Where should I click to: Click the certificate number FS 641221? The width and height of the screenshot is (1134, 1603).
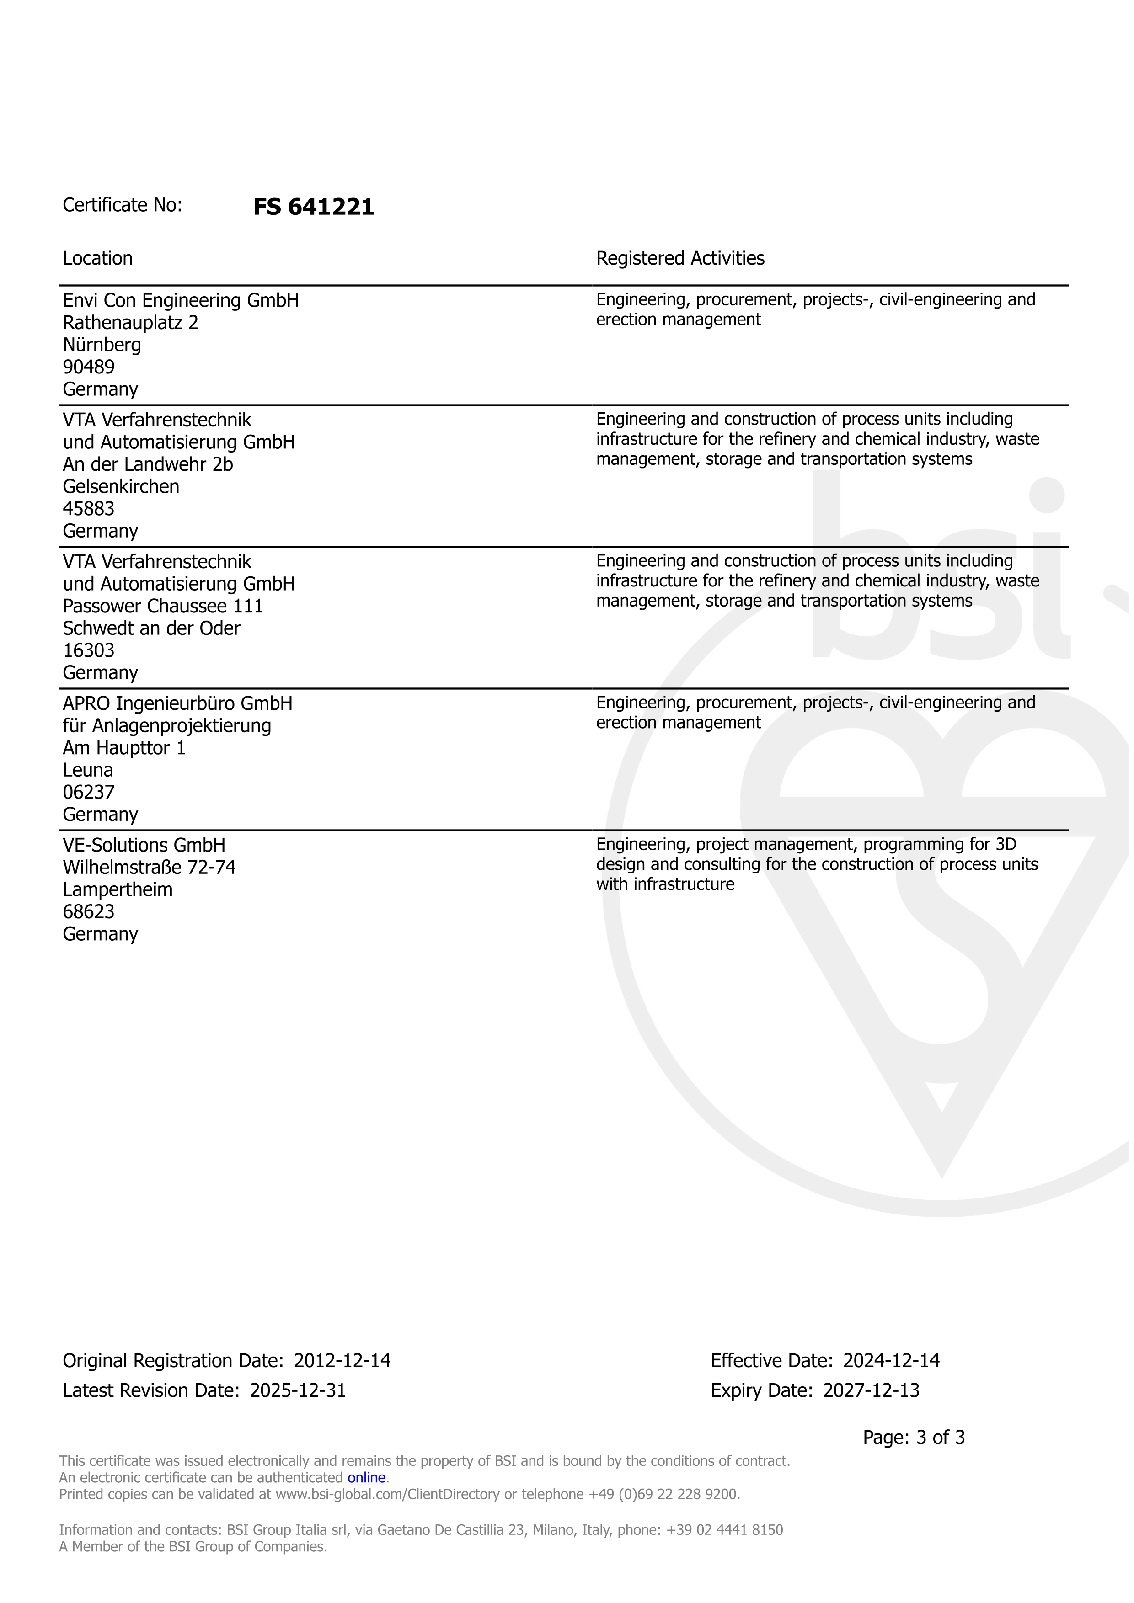(x=314, y=207)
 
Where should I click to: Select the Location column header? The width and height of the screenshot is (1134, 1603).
(x=98, y=258)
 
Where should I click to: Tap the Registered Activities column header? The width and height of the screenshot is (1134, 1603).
(x=680, y=258)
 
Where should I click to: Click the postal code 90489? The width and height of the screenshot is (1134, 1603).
(x=89, y=367)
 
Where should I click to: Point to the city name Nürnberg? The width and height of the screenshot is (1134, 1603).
(x=102, y=345)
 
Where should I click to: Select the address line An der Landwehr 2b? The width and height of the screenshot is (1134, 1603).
(x=148, y=464)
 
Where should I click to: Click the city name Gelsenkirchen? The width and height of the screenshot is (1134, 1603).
(x=121, y=487)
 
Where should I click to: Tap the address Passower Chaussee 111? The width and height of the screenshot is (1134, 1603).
(x=163, y=606)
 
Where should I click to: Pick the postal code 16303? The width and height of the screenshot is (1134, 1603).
(x=89, y=651)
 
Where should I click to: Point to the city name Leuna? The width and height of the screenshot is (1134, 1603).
(x=88, y=770)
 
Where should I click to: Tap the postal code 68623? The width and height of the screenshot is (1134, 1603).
(x=89, y=912)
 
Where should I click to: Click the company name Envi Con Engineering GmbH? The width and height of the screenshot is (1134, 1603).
(x=181, y=300)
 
